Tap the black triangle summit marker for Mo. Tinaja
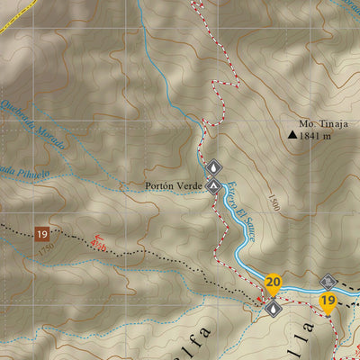(292, 136)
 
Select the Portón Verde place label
(173, 186)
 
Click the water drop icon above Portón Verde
(214, 167)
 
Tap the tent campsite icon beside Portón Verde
(213, 186)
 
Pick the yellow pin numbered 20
(273, 284)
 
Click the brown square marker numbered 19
(41, 234)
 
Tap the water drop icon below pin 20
(273, 307)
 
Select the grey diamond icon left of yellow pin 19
(327, 282)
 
